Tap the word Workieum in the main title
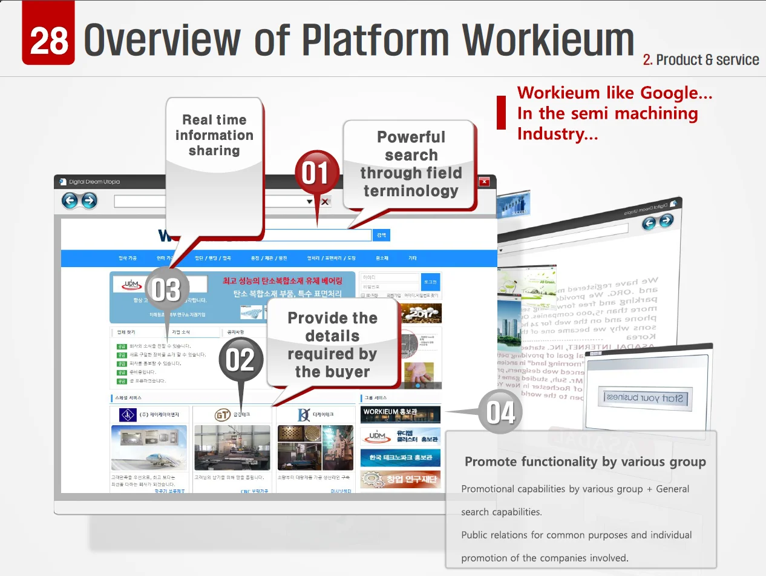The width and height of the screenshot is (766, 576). click(x=548, y=40)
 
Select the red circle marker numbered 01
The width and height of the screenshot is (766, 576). click(x=316, y=173)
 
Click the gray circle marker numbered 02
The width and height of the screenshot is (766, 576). click(x=240, y=361)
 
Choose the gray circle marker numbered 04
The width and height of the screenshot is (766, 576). click(x=501, y=412)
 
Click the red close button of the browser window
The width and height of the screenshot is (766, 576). click(x=484, y=182)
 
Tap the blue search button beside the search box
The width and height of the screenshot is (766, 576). click(x=381, y=235)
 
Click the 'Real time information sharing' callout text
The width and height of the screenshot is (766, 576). click(x=214, y=135)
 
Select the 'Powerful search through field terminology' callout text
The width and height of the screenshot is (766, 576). click(x=411, y=164)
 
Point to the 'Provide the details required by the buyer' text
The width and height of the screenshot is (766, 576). click(x=332, y=344)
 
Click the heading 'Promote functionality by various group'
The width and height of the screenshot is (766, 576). click(x=585, y=462)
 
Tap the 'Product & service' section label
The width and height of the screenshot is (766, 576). click(x=701, y=60)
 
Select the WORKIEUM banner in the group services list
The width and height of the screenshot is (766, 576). click(x=401, y=414)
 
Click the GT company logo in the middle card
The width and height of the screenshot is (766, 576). click(x=223, y=415)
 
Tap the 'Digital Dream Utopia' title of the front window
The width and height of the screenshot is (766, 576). click(x=94, y=182)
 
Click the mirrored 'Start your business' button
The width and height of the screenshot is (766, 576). click(x=644, y=399)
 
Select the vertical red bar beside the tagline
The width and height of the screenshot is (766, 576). click(x=501, y=113)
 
